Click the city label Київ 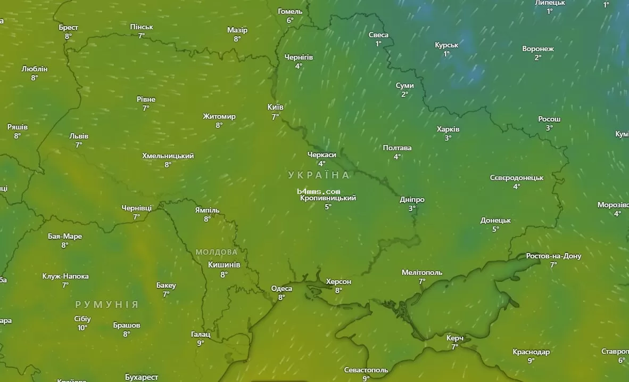click(x=275, y=107)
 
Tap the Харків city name click(x=448, y=129)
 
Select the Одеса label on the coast click(x=282, y=289)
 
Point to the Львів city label click(x=79, y=136)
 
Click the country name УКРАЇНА click(x=319, y=175)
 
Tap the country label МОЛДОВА click(x=217, y=252)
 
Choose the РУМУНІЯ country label click(x=106, y=305)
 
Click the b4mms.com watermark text click(x=319, y=191)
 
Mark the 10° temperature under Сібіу click(x=82, y=328)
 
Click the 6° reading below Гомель click(x=290, y=20)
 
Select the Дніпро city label click(x=412, y=200)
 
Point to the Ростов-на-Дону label click(x=553, y=256)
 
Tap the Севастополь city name click(x=366, y=370)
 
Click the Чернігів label click(x=299, y=57)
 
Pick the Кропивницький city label click(x=328, y=198)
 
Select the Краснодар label click(x=531, y=352)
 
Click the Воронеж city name click(x=538, y=49)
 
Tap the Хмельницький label click(x=168, y=156)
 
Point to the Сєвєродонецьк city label click(x=517, y=177)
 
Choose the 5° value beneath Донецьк click(x=495, y=229)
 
